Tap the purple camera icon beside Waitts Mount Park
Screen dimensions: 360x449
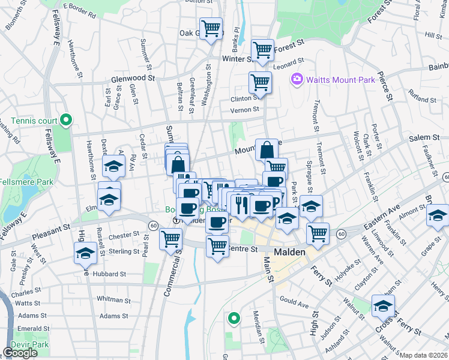click(296, 79)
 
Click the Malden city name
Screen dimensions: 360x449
click(289, 253)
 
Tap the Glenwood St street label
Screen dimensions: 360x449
click(133, 78)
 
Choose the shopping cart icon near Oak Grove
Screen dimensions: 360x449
click(211, 28)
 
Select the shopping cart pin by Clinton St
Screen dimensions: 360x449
click(260, 82)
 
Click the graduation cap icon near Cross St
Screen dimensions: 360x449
click(383, 307)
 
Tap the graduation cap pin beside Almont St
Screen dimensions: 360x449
click(438, 214)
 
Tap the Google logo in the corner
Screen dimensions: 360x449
click(20, 353)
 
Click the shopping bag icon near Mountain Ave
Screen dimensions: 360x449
click(266, 149)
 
